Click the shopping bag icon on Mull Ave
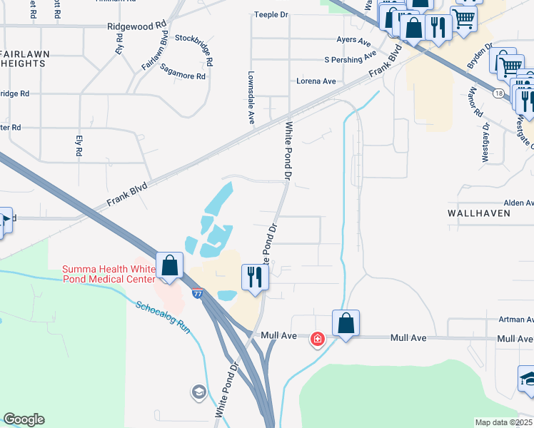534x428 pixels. coord(346,322)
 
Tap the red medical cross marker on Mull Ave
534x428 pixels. coord(317,340)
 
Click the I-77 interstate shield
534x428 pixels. coord(197,293)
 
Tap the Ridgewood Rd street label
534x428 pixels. coord(136,25)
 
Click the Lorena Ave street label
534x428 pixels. coord(316,81)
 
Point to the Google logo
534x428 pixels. coord(24,419)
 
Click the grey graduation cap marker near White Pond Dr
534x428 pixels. coord(198,392)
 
